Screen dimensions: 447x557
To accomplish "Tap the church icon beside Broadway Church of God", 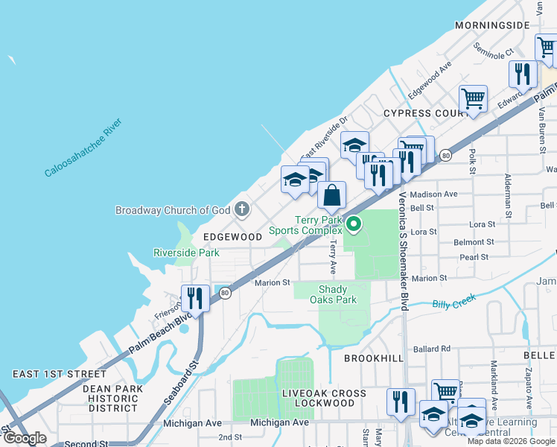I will coord(242,210).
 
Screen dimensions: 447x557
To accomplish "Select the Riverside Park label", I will coord(186,253).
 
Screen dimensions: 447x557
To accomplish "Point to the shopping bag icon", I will coord(332,195).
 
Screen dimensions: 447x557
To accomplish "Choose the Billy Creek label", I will coord(453,303).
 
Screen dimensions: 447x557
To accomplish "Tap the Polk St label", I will coord(473,162).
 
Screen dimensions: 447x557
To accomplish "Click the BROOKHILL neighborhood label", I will coord(374,358).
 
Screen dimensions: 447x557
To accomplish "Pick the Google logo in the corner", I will coord(25,438).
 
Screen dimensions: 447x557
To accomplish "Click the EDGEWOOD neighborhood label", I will coord(232,237).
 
